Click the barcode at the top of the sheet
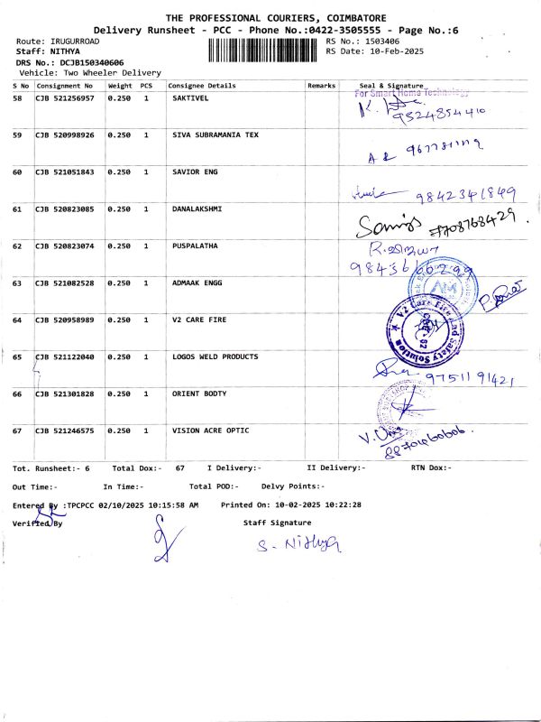pos(265,47)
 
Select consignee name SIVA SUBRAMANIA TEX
pos(215,134)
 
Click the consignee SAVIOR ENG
pos(195,171)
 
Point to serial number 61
pos(18,209)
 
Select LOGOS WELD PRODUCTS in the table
pos(215,357)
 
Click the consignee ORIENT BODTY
pos(199,394)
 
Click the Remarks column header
pos(321,84)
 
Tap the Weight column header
pos(120,84)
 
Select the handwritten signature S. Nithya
pos(296,543)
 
